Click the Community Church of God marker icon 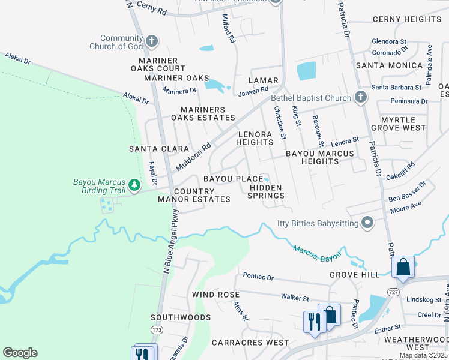click(x=152, y=41)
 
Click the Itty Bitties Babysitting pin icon click(x=367, y=224)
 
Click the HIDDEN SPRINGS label click(x=266, y=191)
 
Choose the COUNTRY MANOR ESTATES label click(x=194, y=194)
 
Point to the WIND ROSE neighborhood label click(x=215, y=295)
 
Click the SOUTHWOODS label click(x=181, y=317)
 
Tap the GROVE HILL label click(x=354, y=275)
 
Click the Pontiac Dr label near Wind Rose click(x=258, y=277)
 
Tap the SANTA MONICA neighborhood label click(x=389, y=65)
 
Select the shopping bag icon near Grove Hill click(x=403, y=267)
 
